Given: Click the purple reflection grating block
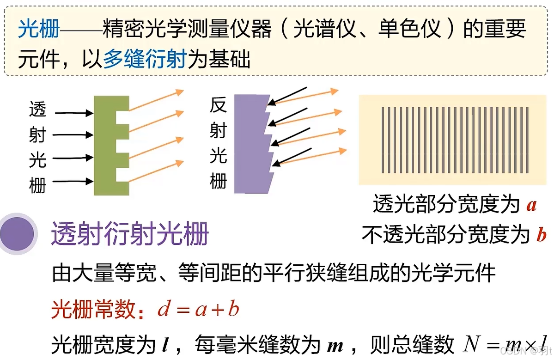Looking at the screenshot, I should [250, 143].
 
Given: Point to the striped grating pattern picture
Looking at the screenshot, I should [455, 140].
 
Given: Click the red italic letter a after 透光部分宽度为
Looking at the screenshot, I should [531, 205].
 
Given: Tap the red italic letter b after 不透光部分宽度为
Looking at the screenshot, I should [541, 236].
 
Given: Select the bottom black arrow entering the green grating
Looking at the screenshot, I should [73, 182].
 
